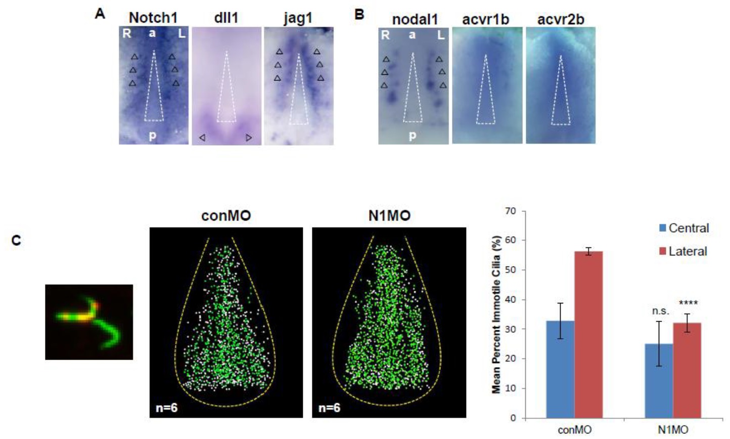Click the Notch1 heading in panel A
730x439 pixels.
tap(153, 18)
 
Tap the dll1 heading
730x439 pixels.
tap(226, 18)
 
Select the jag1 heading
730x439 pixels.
tap(298, 18)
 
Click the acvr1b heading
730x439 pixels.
tap(485, 20)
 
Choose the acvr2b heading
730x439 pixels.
tap(561, 20)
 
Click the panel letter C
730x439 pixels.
tap(16, 240)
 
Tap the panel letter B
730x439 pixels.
tap(359, 15)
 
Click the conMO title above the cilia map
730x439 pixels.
tap(226, 216)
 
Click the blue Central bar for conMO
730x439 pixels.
tap(560, 369)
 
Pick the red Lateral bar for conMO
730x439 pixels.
tap(588, 334)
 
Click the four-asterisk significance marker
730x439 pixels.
tap(688, 303)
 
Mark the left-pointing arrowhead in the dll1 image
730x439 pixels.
tap(202, 138)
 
